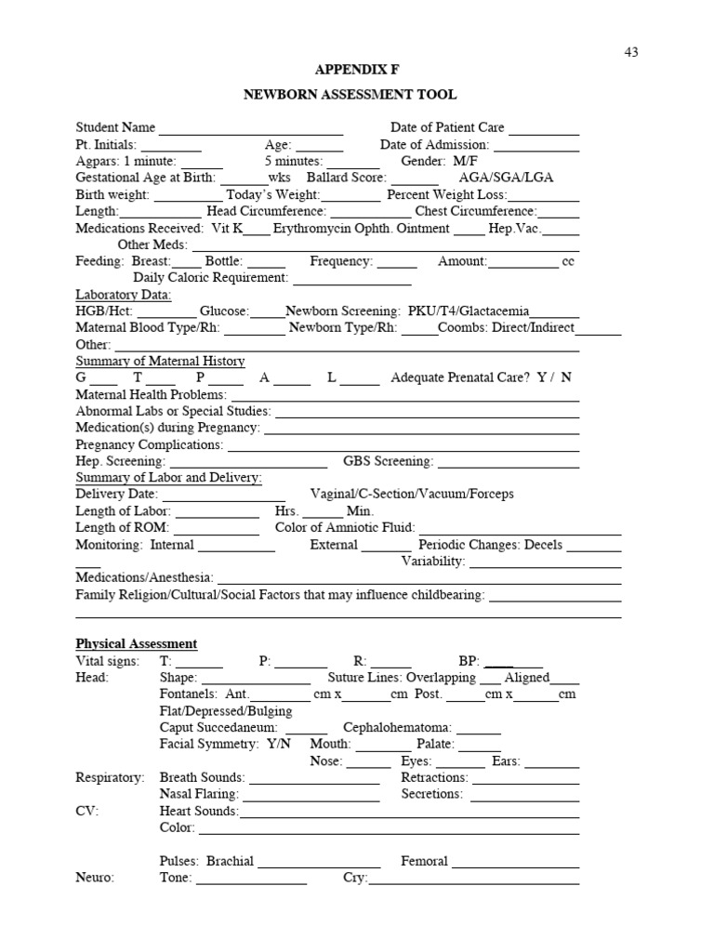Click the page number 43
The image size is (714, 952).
(631, 52)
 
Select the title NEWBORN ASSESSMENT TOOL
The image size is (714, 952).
(350, 95)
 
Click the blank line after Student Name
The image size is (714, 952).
(251, 128)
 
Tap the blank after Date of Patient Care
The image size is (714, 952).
(544, 128)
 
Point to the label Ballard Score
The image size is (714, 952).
(346, 178)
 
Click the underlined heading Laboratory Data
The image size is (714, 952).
(124, 295)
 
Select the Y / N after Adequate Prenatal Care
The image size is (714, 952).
(555, 378)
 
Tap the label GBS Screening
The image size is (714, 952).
(389, 462)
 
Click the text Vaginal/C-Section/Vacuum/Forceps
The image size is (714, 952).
(412, 495)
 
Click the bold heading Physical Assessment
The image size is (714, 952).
(137, 644)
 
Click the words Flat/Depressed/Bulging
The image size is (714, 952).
(226, 711)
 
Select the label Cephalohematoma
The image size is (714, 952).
(398, 728)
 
